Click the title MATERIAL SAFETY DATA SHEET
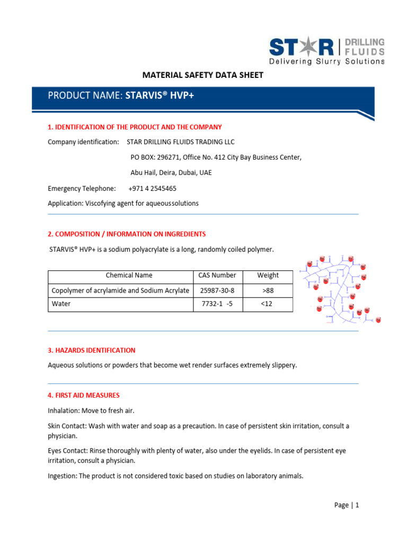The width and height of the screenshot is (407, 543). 203,75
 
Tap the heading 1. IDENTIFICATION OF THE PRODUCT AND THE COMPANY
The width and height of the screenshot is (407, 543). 135,127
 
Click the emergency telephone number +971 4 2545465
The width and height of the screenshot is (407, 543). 153,188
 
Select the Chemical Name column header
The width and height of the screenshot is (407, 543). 129,275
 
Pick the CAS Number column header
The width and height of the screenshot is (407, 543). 217,275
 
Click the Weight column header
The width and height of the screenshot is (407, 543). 268,275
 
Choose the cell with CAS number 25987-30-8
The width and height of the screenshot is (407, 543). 217,291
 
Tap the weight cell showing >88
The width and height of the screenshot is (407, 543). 268,291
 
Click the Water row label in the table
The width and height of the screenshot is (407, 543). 61,304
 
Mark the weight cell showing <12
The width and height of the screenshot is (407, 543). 268,304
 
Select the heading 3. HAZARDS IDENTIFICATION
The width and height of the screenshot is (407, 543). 92,351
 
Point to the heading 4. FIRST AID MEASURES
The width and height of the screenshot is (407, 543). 84,395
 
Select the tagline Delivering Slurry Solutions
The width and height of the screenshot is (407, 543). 327,62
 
